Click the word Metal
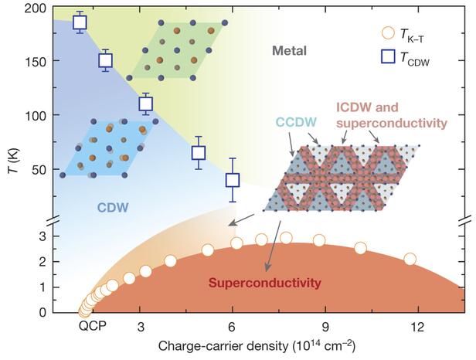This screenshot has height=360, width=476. click(x=289, y=51)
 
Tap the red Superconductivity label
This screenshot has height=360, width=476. click(x=264, y=284)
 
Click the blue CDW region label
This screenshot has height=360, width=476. click(x=112, y=207)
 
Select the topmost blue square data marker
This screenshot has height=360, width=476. click(x=80, y=22)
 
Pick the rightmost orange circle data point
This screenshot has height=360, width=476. click(x=410, y=259)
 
